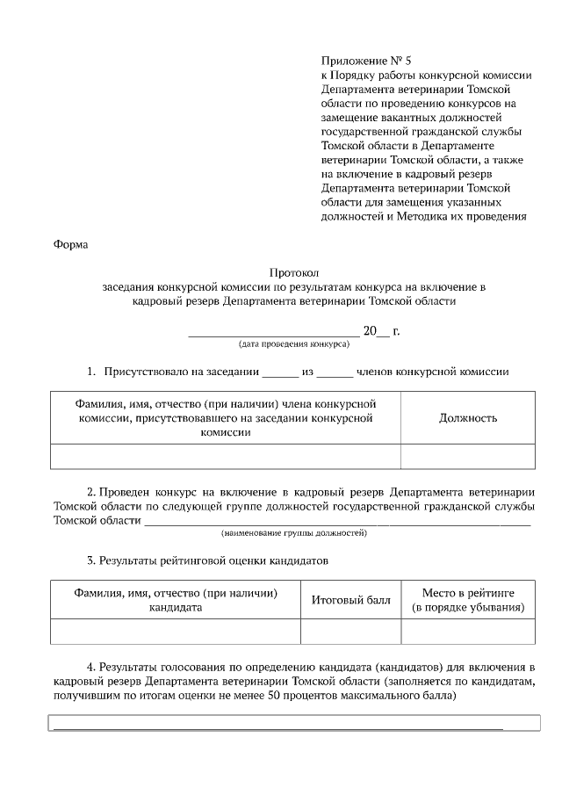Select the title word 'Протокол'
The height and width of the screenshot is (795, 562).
[292, 272]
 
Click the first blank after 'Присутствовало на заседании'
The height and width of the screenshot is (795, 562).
[281, 373]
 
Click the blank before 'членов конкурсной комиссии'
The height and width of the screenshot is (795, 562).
[335, 373]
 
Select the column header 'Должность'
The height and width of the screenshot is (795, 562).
[468, 418]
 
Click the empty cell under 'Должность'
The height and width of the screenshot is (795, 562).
[468, 457]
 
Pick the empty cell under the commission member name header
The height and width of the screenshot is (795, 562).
[226, 457]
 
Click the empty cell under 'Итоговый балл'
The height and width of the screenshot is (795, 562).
[350, 632]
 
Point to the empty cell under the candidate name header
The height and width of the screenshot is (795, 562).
[176, 632]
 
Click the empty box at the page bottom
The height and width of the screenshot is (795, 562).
[294, 723]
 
